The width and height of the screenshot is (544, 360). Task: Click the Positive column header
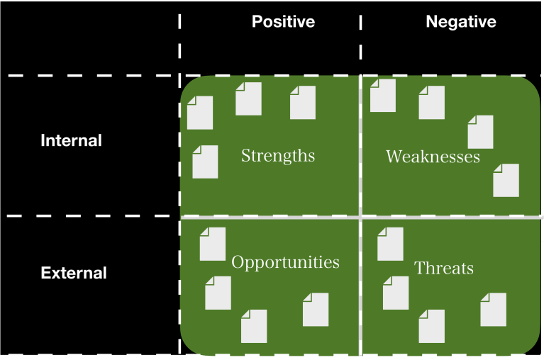[x=283, y=22]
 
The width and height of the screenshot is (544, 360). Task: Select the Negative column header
[x=460, y=22]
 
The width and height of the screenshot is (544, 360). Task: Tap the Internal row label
[x=71, y=140]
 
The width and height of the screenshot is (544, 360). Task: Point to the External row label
[x=74, y=273]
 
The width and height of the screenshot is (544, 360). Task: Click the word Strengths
[x=278, y=155]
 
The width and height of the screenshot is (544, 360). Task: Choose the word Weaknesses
[x=433, y=157]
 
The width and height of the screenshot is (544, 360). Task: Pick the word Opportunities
[x=285, y=262]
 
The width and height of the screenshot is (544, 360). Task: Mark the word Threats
[x=444, y=268]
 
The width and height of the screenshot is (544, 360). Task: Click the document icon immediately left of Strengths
[x=205, y=162]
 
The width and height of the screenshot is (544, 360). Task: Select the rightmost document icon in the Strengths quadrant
[x=303, y=102]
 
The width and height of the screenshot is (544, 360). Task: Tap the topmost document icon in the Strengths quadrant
[x=248, y=99]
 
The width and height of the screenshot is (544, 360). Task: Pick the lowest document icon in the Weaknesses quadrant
[x=506, y=180]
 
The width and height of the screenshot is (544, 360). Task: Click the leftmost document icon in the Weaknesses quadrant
[x=383, y=96]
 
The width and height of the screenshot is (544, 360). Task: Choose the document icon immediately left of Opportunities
[x=213, y=244]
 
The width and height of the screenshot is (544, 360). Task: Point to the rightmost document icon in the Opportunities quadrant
[x=316, y=310]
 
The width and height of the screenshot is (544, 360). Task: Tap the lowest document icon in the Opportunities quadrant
[x=254, y=326]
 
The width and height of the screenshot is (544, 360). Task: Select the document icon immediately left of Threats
[x=390, y=244]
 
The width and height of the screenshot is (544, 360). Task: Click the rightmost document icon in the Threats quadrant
[x=494, y=310]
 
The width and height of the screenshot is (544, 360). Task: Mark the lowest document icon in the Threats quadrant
[x=431, y=326]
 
